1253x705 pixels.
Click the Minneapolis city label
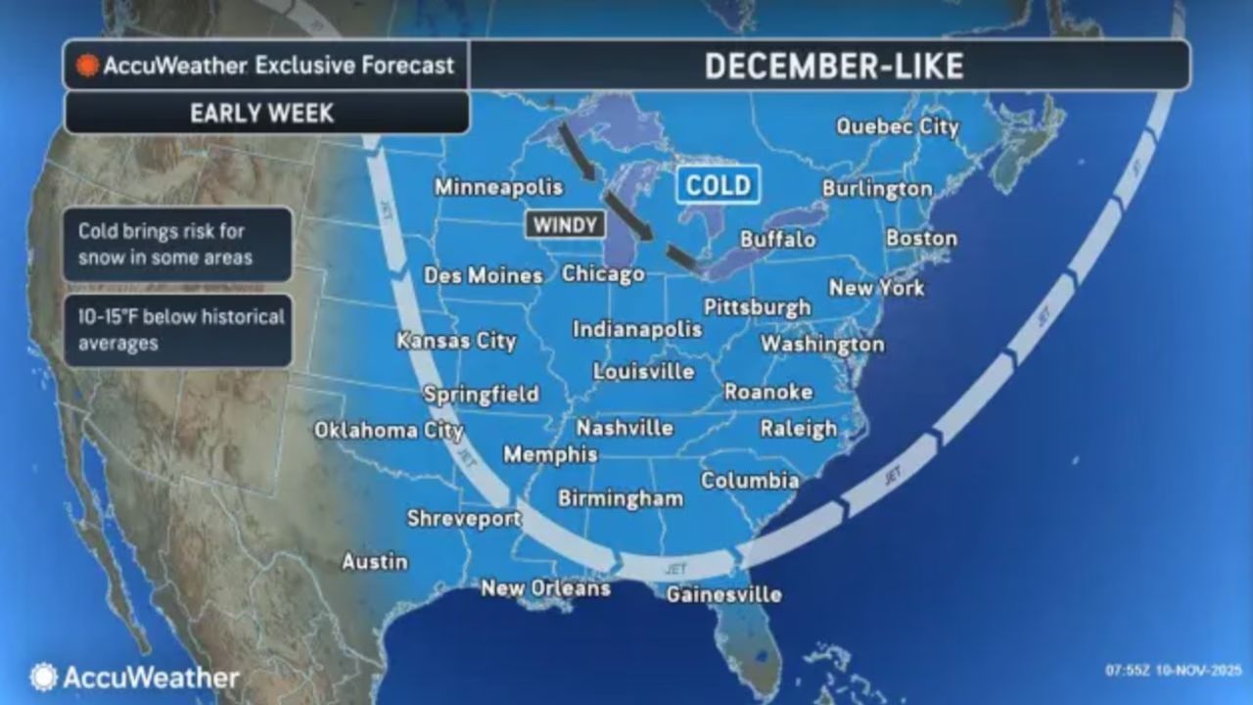click(x=499, y=187)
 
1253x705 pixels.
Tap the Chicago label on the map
click(x=603, y=274)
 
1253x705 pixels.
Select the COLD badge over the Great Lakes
click(x=719, y=185)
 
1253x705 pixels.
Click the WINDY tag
click(x=566, y=224)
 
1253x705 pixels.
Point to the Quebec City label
click(x=897, y=127)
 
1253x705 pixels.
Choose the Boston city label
click(x=921, y=239)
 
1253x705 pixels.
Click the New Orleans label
click(x=545, y=588)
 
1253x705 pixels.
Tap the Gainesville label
click(x=723, y=594)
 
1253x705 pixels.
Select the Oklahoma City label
click(x=389, y=431)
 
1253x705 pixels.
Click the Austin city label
click(x=374, y=562)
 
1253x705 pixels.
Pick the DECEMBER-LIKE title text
click(x=833, y=66)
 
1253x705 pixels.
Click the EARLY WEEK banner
click(x=262, y=114)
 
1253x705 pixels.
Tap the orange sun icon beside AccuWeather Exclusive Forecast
click(x=88, y=66)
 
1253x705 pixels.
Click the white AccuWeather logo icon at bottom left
click(x=43, y=678)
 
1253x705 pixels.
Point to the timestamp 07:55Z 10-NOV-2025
click(x=1173, y=671)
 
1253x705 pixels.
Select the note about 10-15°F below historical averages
click(x=180, y=330)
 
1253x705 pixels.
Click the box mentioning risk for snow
click(x=180, y=245)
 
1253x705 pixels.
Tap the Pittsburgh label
click(x=757, y=307)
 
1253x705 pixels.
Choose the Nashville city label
click(x=625, y=428)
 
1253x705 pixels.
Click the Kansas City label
click(x=456, y=342)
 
